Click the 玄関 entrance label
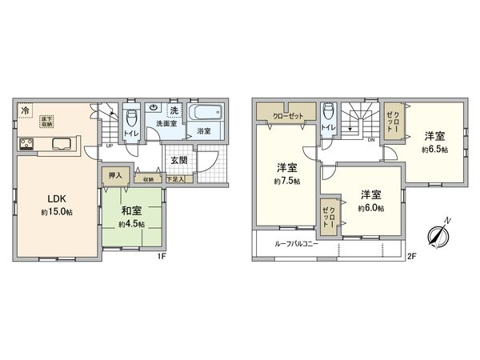tap(178, 161)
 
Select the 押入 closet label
tap(114, 174)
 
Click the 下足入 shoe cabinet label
tap(175, 180)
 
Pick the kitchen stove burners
tap(25, 145)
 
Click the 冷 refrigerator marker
tap(26, 110)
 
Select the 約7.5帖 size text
tap(287, 182)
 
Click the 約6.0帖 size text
tap(370, 208)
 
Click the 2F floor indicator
tap(411, 256)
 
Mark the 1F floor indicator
tap(161, 256)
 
